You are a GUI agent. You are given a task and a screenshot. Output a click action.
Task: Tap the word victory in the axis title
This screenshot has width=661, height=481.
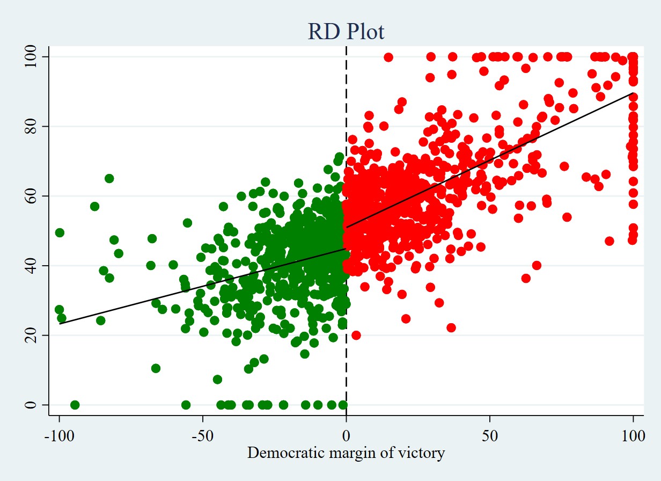click(x=427, y=453)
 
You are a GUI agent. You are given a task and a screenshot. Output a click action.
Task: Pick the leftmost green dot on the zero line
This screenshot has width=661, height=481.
click(x=75, y=405)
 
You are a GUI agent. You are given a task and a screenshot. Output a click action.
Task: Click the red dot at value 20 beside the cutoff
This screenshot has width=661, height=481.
click(x=356, y=335)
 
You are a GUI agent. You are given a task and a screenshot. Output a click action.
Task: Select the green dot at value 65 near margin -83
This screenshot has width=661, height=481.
click(x=109, y=178)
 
